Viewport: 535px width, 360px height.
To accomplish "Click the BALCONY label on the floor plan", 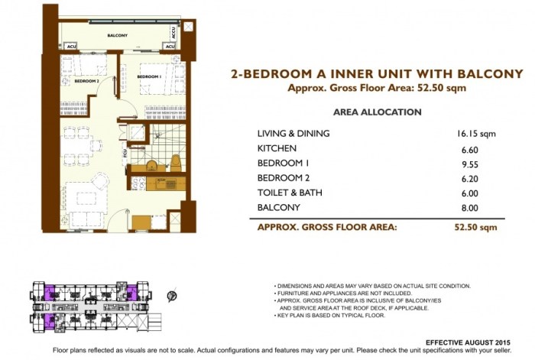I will pos(117,36).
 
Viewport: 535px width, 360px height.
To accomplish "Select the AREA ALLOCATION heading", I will pos(378,112).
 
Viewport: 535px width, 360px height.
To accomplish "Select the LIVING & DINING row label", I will pos(294,133).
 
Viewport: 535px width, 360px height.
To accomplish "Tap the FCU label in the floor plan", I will pos(125,153).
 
